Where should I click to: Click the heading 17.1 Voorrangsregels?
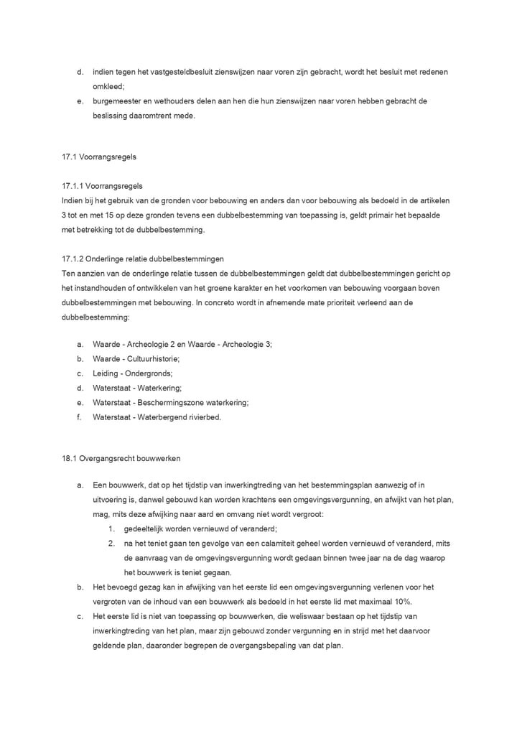99,157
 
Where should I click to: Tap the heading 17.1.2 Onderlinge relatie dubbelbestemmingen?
144,259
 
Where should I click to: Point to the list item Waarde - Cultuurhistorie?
136,358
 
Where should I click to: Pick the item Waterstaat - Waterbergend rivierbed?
157,417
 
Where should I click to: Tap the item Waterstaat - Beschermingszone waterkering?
170,403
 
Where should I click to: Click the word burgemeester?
118,101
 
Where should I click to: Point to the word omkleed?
108,86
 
